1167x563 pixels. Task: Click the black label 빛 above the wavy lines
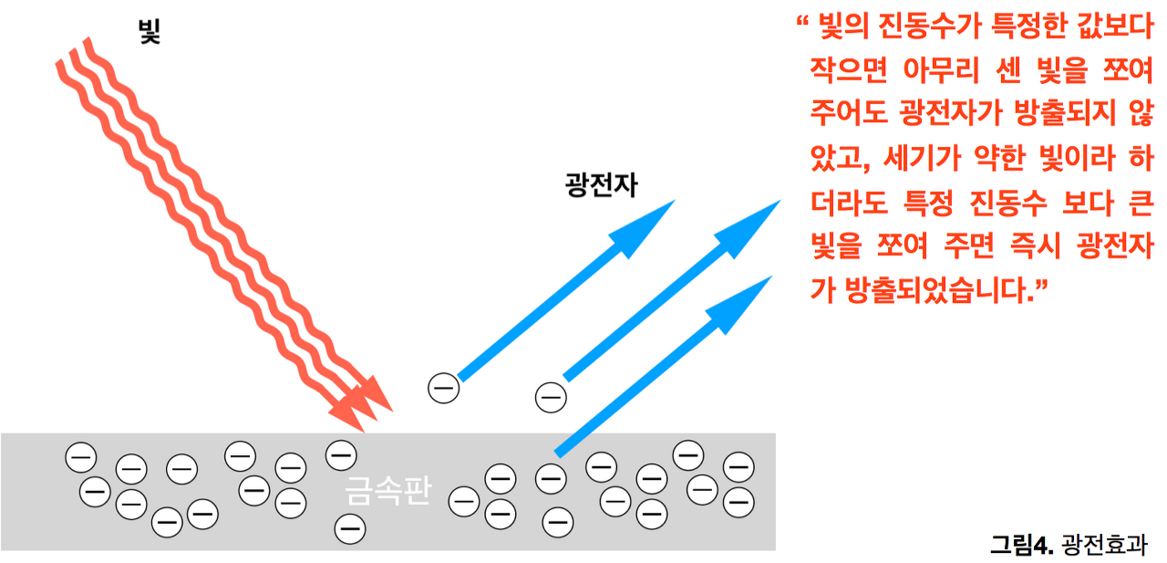tap(148, 35)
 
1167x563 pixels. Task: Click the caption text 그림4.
tap(1022, 545)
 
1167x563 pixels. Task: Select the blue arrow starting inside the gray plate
tap(656, 370)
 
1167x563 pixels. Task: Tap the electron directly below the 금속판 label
tap(348, 527)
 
